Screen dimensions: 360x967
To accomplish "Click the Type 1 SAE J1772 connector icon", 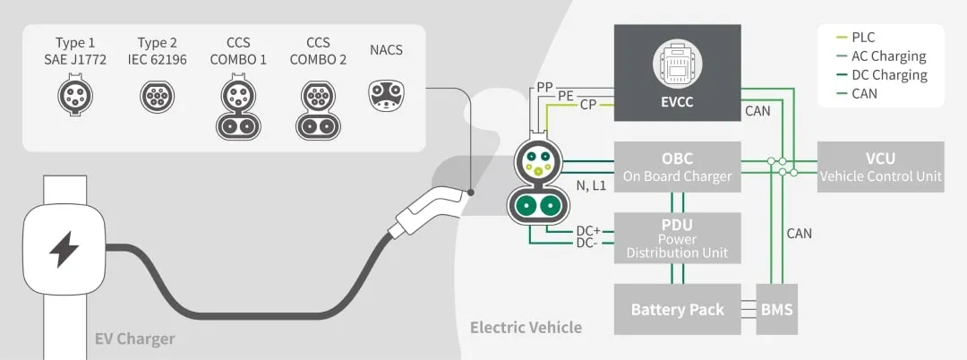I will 74,95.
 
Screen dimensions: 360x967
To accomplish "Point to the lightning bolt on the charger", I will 64,250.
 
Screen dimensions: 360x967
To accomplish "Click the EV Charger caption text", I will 134,339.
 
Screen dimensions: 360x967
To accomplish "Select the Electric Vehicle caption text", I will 526,328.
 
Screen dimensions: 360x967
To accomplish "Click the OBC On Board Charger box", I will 677,167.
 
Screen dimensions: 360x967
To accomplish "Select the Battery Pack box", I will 677,310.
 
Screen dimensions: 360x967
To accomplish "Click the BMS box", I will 776,310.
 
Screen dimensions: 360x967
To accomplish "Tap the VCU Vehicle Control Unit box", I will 880,167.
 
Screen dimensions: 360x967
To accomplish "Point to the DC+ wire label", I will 587,230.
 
